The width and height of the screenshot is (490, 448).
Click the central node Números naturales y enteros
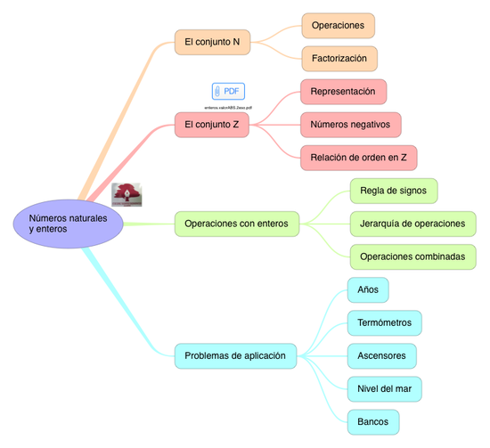pos(68,224)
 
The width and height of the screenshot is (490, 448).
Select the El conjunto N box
pos(212,42)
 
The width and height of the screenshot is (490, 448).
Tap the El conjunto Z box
pos(212,126)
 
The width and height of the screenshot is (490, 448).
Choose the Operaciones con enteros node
pos(236,224)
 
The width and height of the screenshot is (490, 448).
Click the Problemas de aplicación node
pos(234,356)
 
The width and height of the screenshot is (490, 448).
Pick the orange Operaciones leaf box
pos(338,26)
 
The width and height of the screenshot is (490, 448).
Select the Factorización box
pos(339,59)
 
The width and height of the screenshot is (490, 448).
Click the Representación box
pos(343,91)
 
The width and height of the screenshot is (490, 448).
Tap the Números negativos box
pos(350,124)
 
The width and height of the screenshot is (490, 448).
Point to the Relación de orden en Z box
pos(358,157)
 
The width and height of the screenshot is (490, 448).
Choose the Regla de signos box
pos(393,191)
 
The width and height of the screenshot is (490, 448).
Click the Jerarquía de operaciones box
pos(412,224)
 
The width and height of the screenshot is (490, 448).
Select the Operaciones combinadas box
pos(412,257)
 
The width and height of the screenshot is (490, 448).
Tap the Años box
pos(367,289)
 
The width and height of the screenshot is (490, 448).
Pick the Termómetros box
pos(383,322)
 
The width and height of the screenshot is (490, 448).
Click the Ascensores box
pos(381,355)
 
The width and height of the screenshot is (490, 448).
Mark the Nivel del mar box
pos(383,388)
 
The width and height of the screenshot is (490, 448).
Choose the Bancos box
pos(372,420)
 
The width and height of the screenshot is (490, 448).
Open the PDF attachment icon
pos(228,91)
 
